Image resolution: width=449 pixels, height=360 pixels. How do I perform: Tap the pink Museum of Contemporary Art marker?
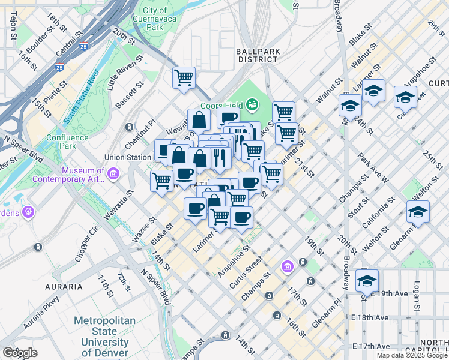(x=113, y=174)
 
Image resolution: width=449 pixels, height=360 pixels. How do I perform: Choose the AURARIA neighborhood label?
(x=63, y=287)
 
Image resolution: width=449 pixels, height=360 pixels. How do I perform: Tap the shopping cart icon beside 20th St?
(x=184, y=77)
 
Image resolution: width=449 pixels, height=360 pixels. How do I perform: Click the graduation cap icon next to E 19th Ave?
(x=367, y=280)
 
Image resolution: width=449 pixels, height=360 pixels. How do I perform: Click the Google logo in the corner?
(x=20, y=353)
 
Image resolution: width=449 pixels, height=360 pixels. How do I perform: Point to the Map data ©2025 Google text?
(x=412, y=355)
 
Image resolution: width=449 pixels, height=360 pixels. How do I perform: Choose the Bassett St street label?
(x=130, y=95)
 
